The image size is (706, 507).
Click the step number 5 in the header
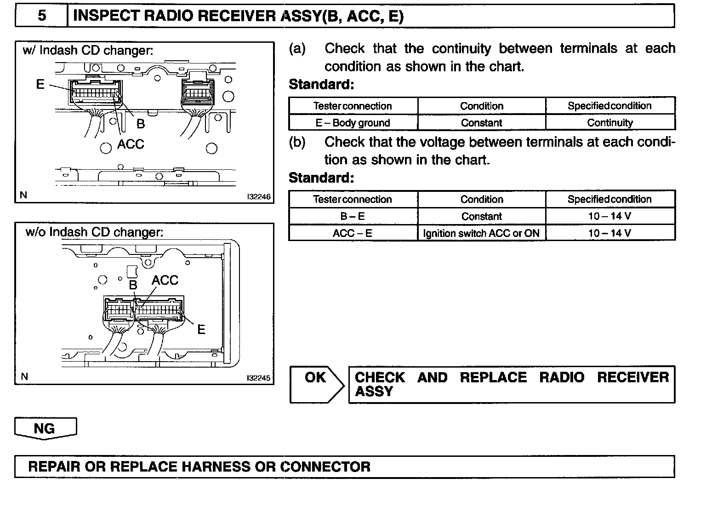pyautogui.click(x=42, y=16)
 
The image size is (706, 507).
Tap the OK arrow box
pyautogui.click(x=316, y=384)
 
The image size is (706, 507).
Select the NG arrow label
pyautogui.click(x=45, y=429)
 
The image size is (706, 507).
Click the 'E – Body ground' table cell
pyautogui.click(x=353, y=123)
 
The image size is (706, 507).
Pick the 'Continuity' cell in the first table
pyautogui.click(x=610, y=123)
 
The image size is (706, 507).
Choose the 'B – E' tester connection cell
pyautogui.click(x=353, y=216)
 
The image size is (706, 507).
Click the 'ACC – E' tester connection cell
pyautogui.click(x=353, y=233)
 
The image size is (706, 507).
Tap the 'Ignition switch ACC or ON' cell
pyautogui.click(x=481, y=233)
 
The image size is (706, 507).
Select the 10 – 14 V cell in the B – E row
pyautogui.click(x=610, y=216)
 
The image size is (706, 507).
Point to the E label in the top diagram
pyautogui.click(x=40, y=84)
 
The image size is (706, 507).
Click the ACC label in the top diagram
pyautogui.click(x=131, y=144)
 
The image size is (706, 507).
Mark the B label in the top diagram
pyautogui.click(x=141, y=124)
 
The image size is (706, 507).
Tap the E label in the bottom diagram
pyautogui.click(x=201, y=329)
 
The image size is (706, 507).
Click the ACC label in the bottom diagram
pyautogui.click(x=165, y=280)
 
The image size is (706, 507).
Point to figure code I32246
pyautogui.click(x=259, y=196)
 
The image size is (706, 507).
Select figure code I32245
pyautogui.click(x=259, y=378)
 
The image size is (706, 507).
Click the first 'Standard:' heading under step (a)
pyautogui.click(x=321, y=85)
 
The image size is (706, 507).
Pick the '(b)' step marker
pyautogui.click(x=297, y=142)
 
